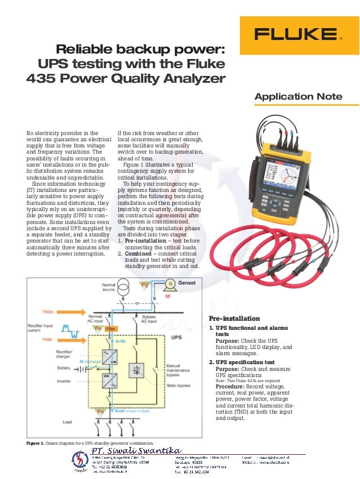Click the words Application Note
pyautogui.click(x=298, y=97)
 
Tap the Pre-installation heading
pyautogui.click(x=234, y=318)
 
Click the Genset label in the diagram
pyautogui.click(x=186, y=284)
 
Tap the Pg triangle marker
pyautogui.click(x=145, y=284)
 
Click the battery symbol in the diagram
pyautogui.click(x=83, y=368)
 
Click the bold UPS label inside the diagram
pyautogui.click(x=176, y=338)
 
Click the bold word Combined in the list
pyautogui.click(x=139, y=253)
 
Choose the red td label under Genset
pyautogui.click(x=167, y=296)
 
